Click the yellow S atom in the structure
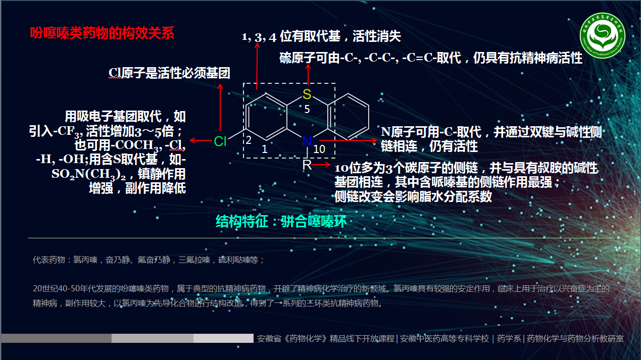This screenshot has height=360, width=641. pos(307,94)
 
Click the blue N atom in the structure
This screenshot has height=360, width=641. pos(306,142)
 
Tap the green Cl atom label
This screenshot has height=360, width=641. pos(220,141)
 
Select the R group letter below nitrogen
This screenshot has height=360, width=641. pos(307,165)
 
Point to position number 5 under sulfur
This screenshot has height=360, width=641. pos(307,109)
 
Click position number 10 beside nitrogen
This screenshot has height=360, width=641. pos(319,149)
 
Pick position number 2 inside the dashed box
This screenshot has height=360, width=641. pos(249,140)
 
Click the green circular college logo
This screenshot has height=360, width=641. pos(603,36)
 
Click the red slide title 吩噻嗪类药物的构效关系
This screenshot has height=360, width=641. pos(103,33)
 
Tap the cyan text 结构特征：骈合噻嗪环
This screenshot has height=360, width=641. pos(281,221)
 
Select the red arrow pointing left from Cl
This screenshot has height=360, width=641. pos(200,140)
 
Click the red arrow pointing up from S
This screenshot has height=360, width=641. pos(307,76)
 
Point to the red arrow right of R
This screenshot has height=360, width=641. pos(321,165)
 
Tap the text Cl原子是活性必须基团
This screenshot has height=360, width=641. pos(169,73)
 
